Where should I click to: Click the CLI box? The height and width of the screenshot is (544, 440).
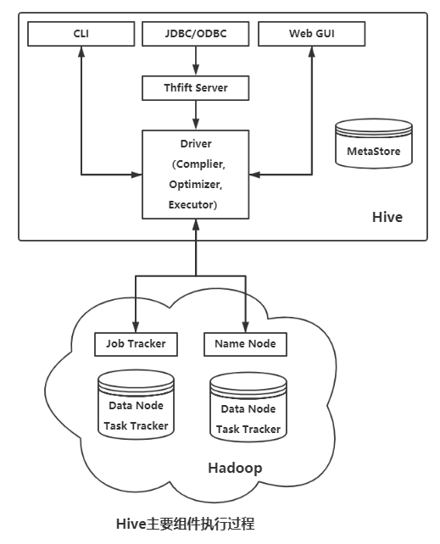tap(81, 34)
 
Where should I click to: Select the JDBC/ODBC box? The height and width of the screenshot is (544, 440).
tap(195, 34)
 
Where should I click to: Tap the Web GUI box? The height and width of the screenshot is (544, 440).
tap(312, 34)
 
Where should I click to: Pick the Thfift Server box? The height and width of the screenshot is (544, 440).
tap(195, 88)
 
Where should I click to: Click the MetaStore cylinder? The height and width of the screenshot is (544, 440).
tap(374, 143)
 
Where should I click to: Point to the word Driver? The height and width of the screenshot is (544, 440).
tap(196, 144)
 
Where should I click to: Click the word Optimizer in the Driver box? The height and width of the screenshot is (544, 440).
tap(195, 184)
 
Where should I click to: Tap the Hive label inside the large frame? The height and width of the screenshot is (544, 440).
tap(387, 217)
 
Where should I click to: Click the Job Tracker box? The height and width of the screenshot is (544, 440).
tap(136, 344)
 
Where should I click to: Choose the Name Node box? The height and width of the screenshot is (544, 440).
tap(245, 344)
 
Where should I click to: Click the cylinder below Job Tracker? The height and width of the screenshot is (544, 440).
tap(136, 404)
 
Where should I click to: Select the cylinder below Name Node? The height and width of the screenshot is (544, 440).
tap(248, 408)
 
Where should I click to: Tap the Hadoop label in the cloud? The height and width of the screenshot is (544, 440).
tap(235, 468)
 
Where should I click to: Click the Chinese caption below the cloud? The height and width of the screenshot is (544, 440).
tap(186, 524)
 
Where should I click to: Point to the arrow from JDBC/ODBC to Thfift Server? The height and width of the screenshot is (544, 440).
tap(196, 61)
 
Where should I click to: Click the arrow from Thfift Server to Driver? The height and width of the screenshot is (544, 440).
tap(196, 115)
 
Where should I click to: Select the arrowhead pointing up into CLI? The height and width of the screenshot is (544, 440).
tap(81, 52)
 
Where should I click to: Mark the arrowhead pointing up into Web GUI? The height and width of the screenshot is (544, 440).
tap(312, 52)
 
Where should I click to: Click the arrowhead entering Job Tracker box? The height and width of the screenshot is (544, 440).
tap(136, 327)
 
